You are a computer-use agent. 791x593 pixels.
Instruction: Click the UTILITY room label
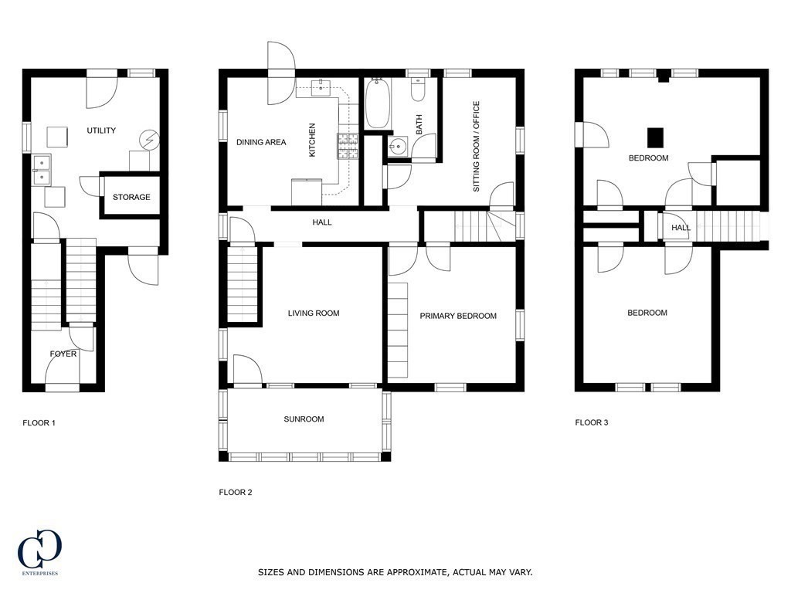pyautogui.click(x=101, y=130)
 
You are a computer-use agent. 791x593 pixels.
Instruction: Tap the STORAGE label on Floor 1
pyautogui.click(x=131, y=197)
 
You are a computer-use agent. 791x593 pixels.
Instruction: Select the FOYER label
pyautogui.click(x=63, y=354)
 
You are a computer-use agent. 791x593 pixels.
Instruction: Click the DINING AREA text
pyautogui.click(x=261, y=142)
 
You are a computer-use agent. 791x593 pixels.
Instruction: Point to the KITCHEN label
pyautogui.click(x=312, y=140)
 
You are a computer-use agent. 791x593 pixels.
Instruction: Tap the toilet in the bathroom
pyautogui.click(x=418, y=91)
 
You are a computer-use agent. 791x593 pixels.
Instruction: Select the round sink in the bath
pyautogui.click(x=399, y=146)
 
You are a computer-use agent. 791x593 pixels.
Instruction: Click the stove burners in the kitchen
pyautogui.click(x=348, y=145)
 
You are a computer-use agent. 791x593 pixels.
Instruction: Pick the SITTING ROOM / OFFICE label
pyautogui.click(x=477, y=146)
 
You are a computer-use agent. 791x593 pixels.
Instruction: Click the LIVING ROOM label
pyautogui.click(x=314, y=313)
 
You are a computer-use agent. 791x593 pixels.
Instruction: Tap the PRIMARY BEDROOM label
pyautogui.click(x=458, y=316)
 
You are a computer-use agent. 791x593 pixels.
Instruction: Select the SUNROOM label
pyautogui.click(x=304, y=419)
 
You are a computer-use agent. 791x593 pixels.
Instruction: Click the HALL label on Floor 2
pyautogui.click(x=322, y=222)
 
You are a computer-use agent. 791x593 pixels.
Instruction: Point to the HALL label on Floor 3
pyautogui.click(x=681, y=228)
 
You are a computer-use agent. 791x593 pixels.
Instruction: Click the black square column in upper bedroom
pyautogui.click(x=655, y=137)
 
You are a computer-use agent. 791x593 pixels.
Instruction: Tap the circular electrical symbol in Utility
pyautogui.click(x=147, y=140)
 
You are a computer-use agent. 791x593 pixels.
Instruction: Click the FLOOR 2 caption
pyautogui.click(x=236, y=492)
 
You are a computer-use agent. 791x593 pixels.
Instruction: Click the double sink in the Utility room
pyautogui.click(x=40, y=170)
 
